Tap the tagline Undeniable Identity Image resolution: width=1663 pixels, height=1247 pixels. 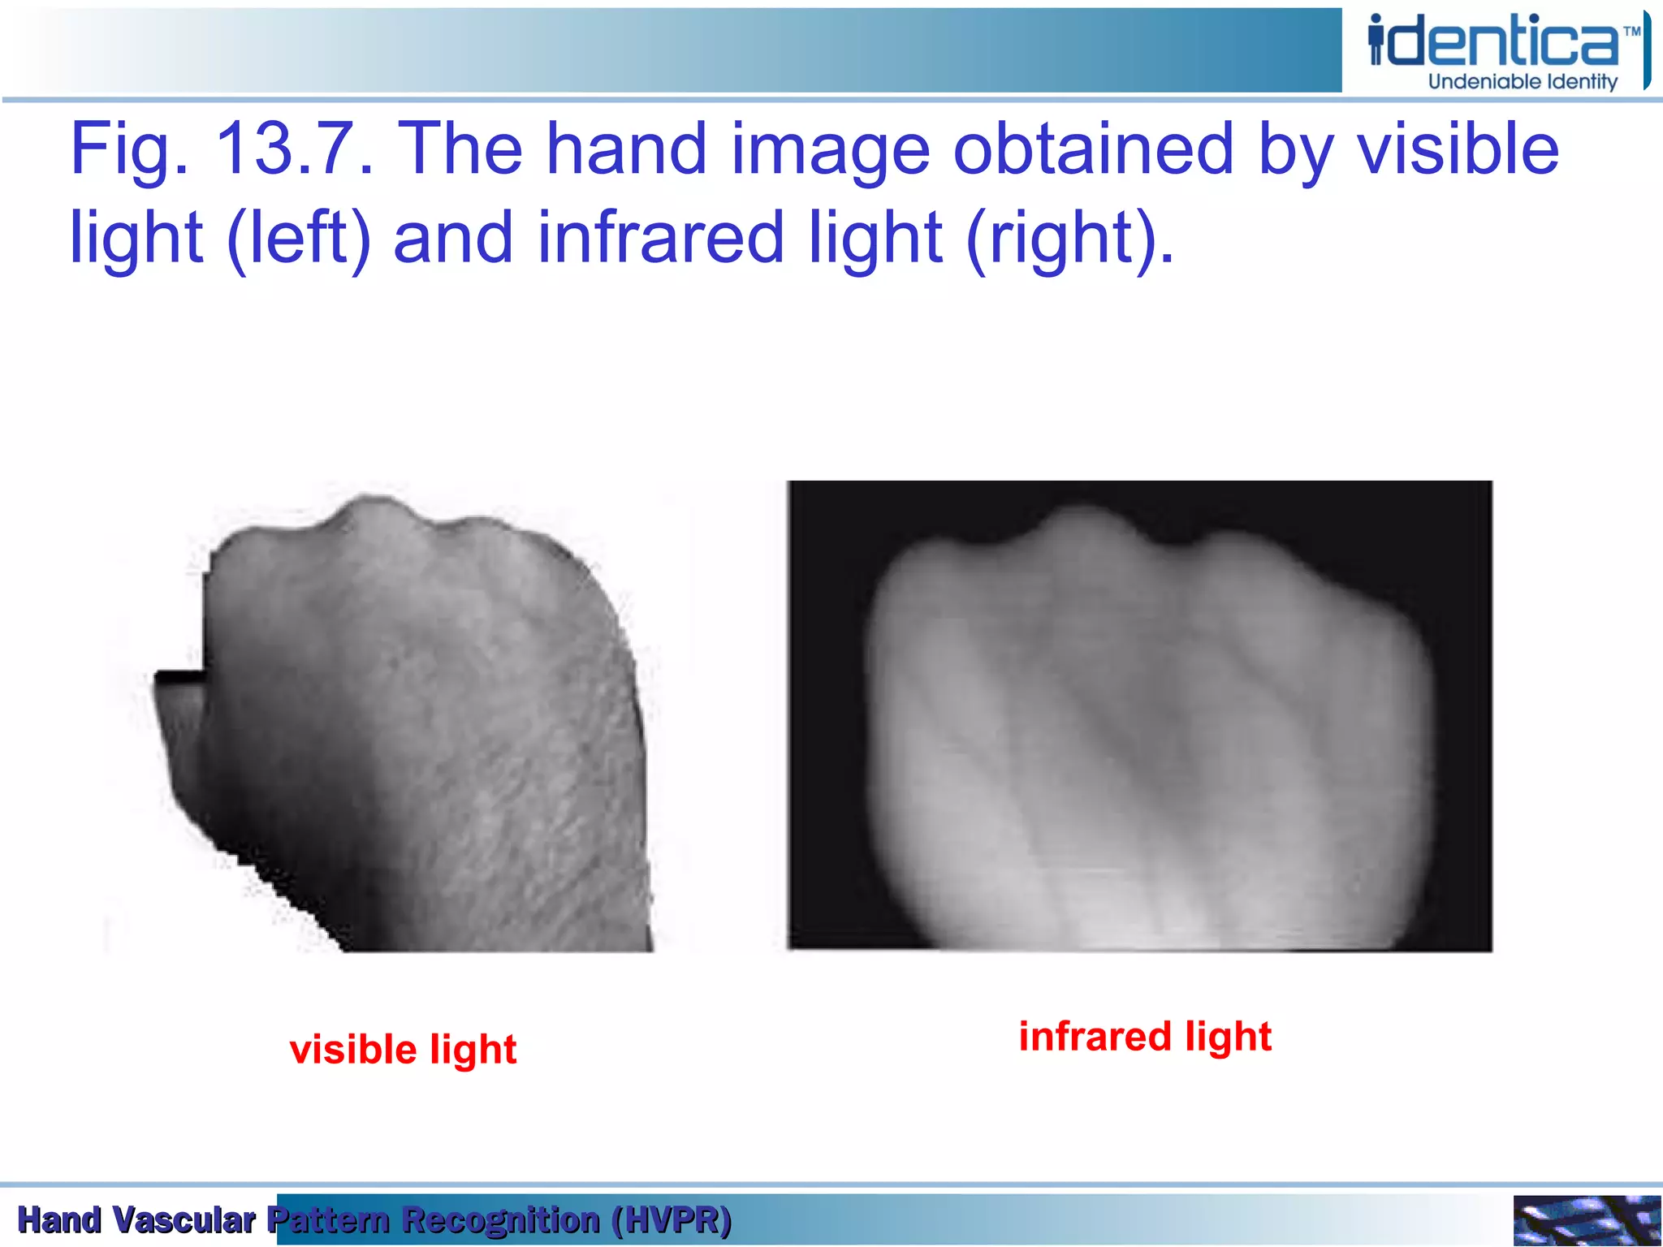(1523, 82)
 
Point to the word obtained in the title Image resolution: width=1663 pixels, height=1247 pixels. (1093, 149)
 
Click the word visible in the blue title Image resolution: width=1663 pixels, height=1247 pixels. (1458, 149)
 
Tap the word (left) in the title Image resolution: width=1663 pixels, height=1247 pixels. (299, 238)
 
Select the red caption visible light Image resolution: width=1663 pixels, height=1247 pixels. (403, 1050)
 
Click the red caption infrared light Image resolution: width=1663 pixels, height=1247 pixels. (1145, 1037)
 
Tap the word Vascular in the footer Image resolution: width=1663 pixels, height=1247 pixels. (184, 1220)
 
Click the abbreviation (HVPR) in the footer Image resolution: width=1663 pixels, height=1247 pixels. (672, 1220)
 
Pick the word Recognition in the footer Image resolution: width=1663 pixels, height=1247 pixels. (501, 1220)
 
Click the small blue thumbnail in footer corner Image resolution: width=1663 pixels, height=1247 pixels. (1586, 1220)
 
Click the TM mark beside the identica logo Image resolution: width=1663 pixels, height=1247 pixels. (1631, 32)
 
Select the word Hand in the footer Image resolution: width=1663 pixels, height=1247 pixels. (59, 1220)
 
